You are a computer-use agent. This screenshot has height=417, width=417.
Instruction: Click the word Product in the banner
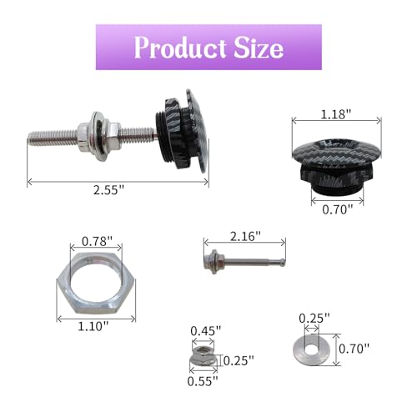point(180,48)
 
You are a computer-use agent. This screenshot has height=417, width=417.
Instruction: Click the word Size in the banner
point(259,48)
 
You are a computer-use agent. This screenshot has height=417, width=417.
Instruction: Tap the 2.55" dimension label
point(108,190)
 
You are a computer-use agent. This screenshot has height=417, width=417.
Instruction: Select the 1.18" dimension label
point(336,114)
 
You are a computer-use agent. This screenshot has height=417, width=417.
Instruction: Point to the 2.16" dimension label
point(245,236)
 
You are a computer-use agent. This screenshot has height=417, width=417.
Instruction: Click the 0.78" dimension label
point(97,241)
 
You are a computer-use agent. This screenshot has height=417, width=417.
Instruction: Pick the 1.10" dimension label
point(93,326)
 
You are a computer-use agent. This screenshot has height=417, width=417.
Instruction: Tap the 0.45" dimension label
point(206,331)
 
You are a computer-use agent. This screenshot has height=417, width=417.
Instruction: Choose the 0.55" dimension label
point(203,381)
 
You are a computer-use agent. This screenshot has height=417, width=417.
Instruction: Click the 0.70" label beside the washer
point(354,349)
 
